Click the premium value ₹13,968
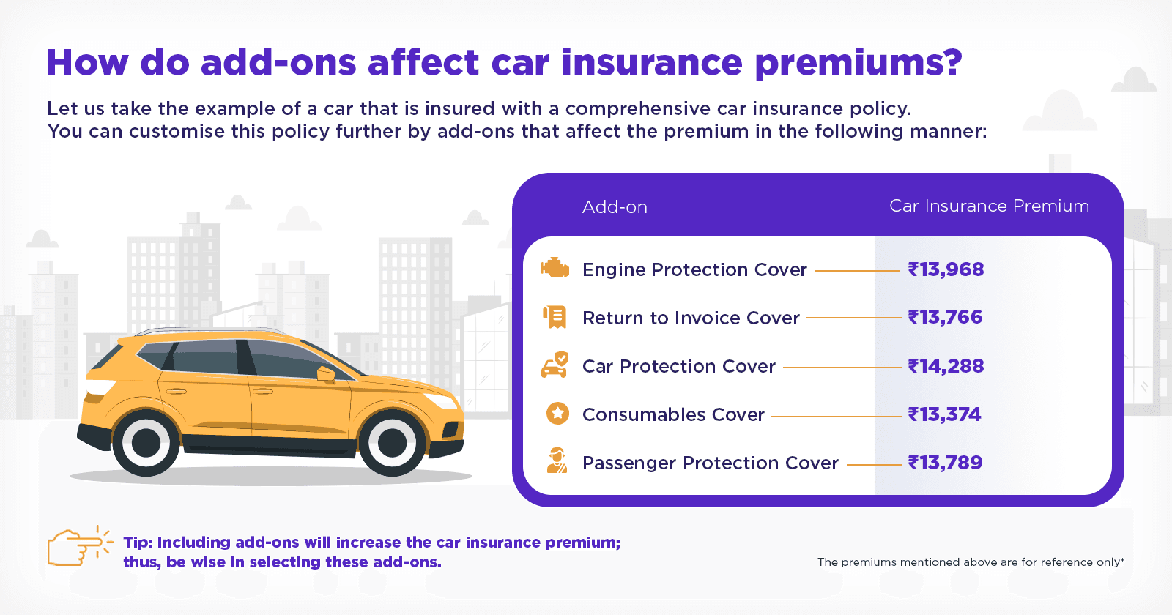click(x=946, y=269)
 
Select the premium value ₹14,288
click(x=946, y=366)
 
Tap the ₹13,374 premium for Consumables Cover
click(x=944, y=414)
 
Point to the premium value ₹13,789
click(x=945, y=463)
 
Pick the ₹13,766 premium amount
click(x=945, y=317)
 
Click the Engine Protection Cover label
click(x=694, y=270)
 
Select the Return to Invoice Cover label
click(x=691, y=318)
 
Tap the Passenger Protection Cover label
click(x=710, y=463)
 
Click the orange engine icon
click(x=555, y=269)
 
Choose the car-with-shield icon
click(x=555, y=365)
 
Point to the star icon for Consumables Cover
click(x=557, y=414)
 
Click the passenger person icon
click(x=557, y=461)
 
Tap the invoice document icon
click(x=555, y=317)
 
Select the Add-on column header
click(x=615, y=207)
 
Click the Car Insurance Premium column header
click(x=989, y=206)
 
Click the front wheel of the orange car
click(x=392, y=442)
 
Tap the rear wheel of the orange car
click(x=146, y=442)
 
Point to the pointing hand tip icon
click(x=77, y=546)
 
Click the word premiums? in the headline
click(x=858, y=63)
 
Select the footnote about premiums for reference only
click(x=971, y=562)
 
